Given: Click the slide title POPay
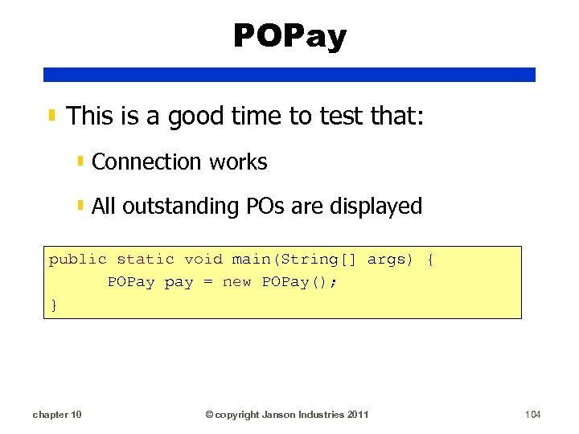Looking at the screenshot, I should coord(289,36).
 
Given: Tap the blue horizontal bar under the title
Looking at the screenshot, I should coord(289,75).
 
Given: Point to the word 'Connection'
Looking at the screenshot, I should coord(147,162).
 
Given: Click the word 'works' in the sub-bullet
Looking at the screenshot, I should coord(238,162).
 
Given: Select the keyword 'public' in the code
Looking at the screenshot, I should coord(78,259).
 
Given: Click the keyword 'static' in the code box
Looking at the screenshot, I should coord(146,259).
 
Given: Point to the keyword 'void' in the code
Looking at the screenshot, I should coord(203,259).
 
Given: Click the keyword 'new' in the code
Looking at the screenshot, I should coord(237,282).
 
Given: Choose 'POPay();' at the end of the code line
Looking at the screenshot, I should coord(301,282).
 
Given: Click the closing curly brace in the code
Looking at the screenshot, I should coord(54,305).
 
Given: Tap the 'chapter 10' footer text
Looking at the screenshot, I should coord(56,415).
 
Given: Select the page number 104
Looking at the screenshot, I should coord(532,415).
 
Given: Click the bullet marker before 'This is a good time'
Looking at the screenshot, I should coord(52,117).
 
